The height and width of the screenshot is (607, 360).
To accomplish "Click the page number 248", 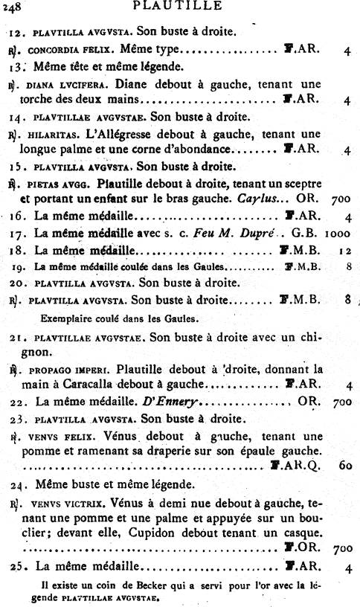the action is coord(11,9).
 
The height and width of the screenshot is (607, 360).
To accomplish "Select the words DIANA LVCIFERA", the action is coord(61,85).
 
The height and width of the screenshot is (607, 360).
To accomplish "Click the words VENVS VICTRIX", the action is coord(62,502).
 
